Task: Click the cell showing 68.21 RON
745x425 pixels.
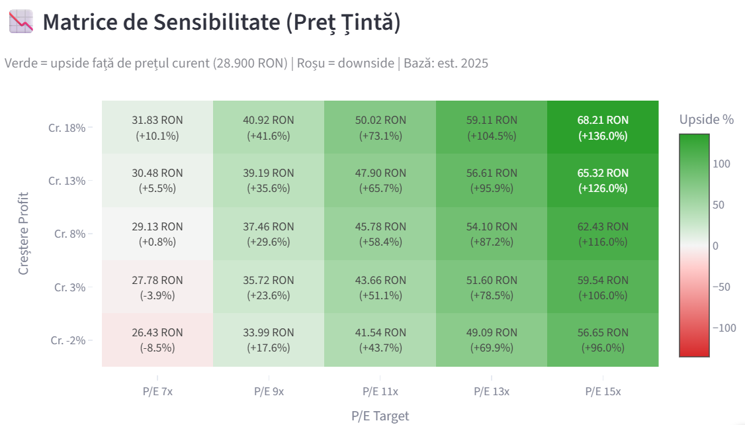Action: pos(603,127)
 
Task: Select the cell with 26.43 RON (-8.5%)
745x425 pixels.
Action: pos(157,340)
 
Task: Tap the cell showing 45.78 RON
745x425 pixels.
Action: pos(380,234)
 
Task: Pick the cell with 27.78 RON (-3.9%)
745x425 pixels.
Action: pos(157,287)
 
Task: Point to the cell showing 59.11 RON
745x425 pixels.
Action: pos(492,127)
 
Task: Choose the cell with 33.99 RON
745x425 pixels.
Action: pos(269,340)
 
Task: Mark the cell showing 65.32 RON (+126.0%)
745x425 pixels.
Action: pos(603,181)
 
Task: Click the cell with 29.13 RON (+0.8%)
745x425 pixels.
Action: pos(157,234)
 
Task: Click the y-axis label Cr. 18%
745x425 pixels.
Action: pos(67,128)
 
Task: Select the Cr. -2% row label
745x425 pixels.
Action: pos(68,340)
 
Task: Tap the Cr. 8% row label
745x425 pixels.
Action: pos(70,234)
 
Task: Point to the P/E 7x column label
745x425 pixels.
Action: pos(157,392)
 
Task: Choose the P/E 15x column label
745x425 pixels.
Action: pos(603,392)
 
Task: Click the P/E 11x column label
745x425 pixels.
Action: pos(380,392)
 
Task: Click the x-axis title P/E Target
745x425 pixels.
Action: pos(380,416)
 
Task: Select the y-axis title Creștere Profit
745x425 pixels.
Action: pos(23,234)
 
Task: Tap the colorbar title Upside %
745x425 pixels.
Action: pos(707,119)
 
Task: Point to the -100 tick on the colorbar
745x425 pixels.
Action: pos(724,328)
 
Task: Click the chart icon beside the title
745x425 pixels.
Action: pos(21,21)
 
